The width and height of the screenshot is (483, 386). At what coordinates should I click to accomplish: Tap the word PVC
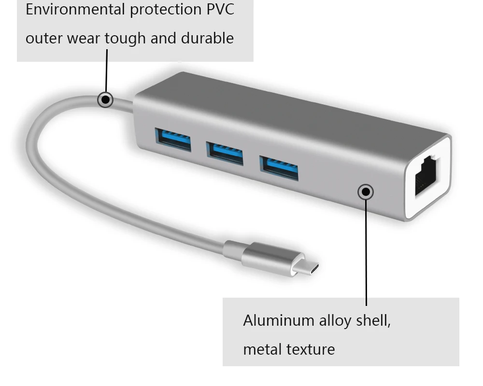coord(220,10)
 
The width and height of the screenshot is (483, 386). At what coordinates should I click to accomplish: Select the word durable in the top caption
coord(207,39)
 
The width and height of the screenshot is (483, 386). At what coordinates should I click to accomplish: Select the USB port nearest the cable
coord(173,140)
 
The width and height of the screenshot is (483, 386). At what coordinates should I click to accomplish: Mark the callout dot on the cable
coord(105,100)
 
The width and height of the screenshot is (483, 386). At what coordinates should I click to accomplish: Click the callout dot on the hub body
coord(366,192)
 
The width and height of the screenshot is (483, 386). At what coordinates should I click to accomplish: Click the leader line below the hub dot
coord(366,251)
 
